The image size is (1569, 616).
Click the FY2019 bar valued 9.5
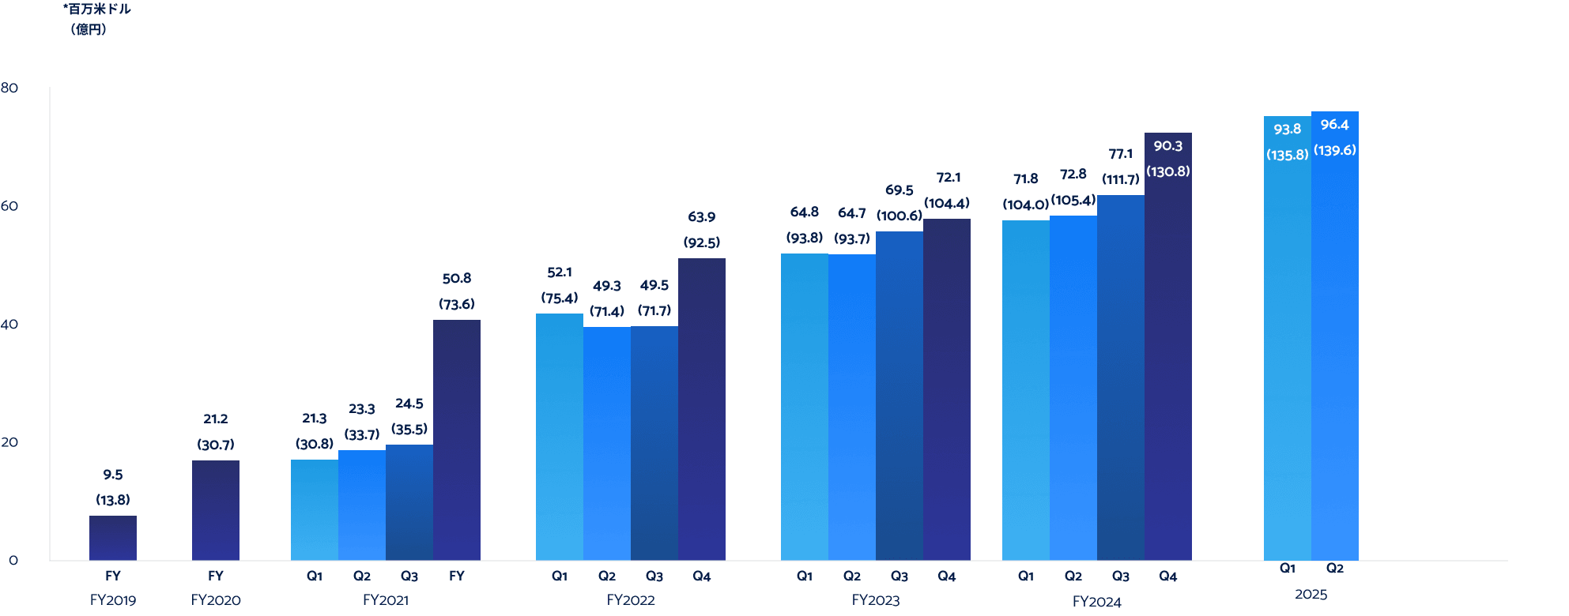(x=113, y=538)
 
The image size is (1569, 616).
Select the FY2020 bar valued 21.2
(x=216, y=510)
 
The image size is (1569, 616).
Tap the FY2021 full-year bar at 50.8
(x=457, y=440)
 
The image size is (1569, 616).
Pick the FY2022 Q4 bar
(x=702, y=409)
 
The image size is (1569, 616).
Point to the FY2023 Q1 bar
(x=805, y=407)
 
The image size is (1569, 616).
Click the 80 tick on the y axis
(x=9, y=88)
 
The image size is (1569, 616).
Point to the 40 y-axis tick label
(x=9, y=324)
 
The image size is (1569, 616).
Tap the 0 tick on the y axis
(x=13, y=560)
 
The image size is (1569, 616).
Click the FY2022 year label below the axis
(x=631, y=600)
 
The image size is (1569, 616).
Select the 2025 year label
(x=1311, y=595)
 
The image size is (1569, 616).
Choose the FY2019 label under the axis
(x=113, y=600)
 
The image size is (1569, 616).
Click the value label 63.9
(x=702, y=216)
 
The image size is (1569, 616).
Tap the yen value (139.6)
(x=1335, y=150)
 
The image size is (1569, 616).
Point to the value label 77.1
(x=1121, y=154)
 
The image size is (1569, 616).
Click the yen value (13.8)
(x=113, y=500)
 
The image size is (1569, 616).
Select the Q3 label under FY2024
(x=1121, y=577)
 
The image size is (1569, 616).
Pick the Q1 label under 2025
(x=1288, y=569)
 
